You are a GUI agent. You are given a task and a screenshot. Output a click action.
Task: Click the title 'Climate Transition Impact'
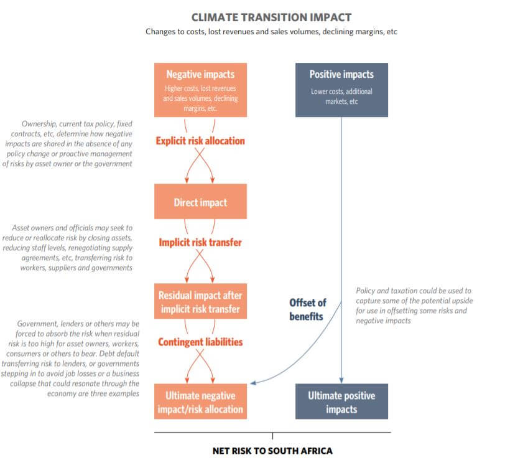pyautogui.click(x=271, y=17)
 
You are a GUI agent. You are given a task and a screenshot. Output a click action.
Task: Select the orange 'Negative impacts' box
pyautogui.click(x=200, y=90)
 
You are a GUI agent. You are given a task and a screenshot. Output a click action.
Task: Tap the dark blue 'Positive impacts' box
pyautogui.click(x=341, y=90)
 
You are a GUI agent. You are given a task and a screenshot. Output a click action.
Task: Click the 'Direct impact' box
pyautogui.click(x=200, y=202)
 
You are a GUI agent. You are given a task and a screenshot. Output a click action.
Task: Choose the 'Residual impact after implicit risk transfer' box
pyautogui.click(x=200, y=301)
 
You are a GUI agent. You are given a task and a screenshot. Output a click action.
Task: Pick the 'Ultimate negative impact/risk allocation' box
pyautogui.click(x=200, y=402)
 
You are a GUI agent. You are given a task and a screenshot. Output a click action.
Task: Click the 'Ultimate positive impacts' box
pyautogui.click(x=341, y=402)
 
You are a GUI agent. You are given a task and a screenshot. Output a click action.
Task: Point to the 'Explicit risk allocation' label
pyautogui.click(x=200, y=141)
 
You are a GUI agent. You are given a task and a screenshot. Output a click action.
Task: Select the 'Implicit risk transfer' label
pyautogui.click(x=200, y=243)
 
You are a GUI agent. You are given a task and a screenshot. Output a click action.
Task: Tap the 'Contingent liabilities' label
pyautogui.click(x=200, y=342)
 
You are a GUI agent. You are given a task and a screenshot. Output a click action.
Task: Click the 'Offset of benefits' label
pyautogui.click(x=308, y=309)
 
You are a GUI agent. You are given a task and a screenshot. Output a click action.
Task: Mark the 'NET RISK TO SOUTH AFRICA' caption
pyautogui.click(x=272, y=451)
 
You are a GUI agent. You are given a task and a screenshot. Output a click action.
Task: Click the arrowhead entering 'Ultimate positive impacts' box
pyautogui.click(x=341, y=380)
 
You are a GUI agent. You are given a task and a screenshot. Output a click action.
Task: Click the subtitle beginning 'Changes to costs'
pyautogui.click(x=271, y=32)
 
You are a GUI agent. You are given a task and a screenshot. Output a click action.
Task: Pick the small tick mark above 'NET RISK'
pyautogui.click(x=272, y=436)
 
